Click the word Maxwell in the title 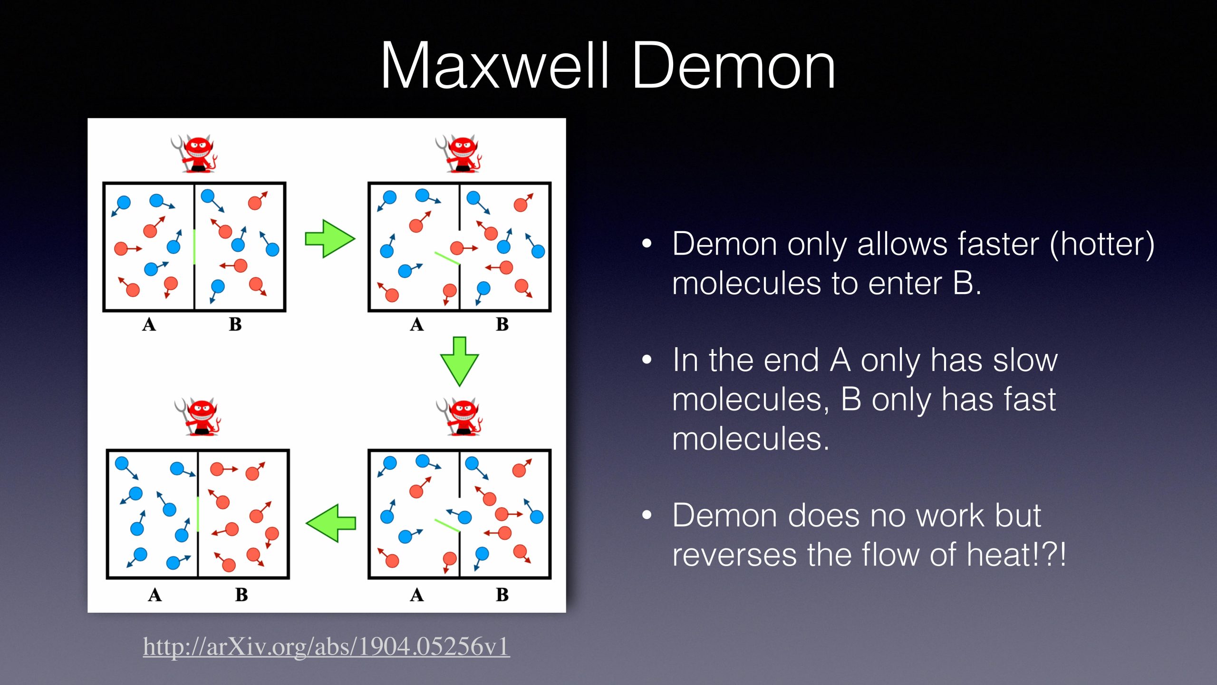click(494, 65)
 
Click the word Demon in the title click(734, 65)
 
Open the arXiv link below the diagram click(326, 646)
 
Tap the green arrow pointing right click(330, 239)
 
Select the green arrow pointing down click(459, 362)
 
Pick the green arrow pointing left click(330, 523)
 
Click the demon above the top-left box click(195, 153)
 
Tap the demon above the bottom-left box click(198, 417)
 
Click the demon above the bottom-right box click(459, 417)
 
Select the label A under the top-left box click(149, 324)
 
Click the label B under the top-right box click(502, 324)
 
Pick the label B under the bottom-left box click(241, 595)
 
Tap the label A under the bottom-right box click(417, 595)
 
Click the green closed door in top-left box click(194, 246)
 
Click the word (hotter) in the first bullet click(1102, 245)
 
